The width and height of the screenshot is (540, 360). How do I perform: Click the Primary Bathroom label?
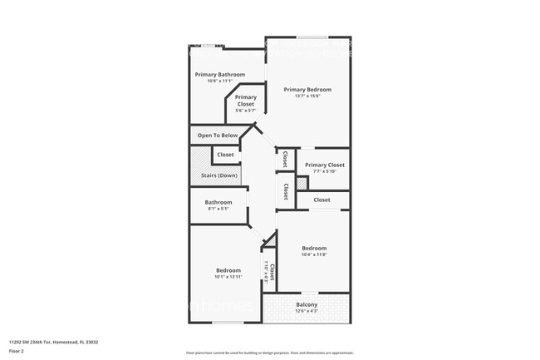220,75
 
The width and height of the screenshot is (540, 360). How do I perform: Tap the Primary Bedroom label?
307,90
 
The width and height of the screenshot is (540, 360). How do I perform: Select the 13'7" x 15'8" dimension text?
307,96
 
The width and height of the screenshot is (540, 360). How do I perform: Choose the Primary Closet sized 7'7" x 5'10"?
324,165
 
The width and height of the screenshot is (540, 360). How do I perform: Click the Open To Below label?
218,136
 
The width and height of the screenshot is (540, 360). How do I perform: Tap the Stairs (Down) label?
219,175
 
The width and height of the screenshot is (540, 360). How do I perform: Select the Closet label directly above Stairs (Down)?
225,155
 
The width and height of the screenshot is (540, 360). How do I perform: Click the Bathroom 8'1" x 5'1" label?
218,202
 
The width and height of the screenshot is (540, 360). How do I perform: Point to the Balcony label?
307,304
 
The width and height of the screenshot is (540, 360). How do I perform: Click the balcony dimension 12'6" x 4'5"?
307,311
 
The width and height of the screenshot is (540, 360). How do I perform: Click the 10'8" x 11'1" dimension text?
220,81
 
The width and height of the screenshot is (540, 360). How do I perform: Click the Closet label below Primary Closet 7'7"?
322,200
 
